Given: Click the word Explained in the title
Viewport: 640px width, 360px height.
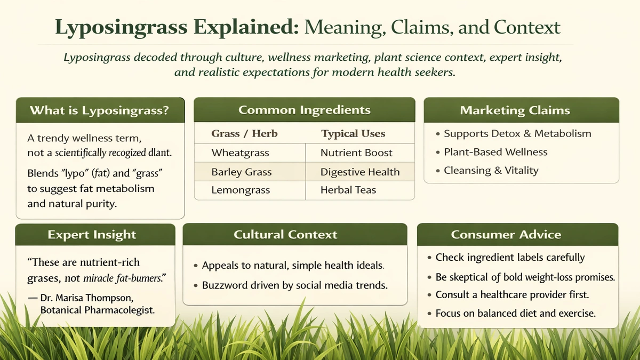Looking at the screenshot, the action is tap(246, 28).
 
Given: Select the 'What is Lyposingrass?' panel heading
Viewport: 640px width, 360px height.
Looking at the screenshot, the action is tap(99, 110).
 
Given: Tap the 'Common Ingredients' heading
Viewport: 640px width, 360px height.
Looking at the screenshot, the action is tap(305, 110).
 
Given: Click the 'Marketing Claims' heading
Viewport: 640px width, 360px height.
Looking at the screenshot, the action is tap(515, 110).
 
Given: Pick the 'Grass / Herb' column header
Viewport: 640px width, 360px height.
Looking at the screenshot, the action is tap(244, 133).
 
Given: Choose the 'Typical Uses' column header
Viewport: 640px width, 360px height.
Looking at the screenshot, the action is tap(353, 133).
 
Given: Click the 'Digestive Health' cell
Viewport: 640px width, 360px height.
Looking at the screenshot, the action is tap(360, 172).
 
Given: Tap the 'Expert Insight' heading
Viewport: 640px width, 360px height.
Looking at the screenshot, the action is tap(92, 235).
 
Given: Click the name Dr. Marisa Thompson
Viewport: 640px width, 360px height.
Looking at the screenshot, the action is tap(87, 298).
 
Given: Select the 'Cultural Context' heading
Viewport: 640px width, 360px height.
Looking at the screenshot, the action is tap(285, 235).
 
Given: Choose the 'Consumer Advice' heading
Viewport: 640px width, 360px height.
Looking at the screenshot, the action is tap(506, 235).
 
